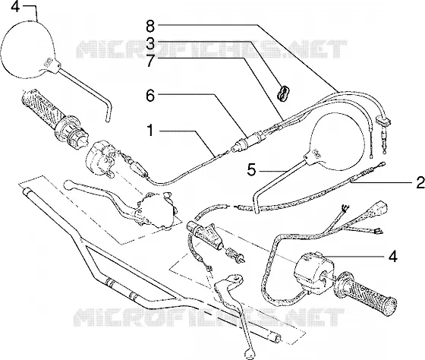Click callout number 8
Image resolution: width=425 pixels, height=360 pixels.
click(x=150, y=27)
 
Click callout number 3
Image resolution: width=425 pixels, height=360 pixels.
click(x=150, y=43)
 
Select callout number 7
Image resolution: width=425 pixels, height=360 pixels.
click(x=151, y=61)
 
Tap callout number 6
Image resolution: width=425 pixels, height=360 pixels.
click(x=150, y=96)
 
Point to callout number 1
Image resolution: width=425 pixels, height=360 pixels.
click(x=150, y=130)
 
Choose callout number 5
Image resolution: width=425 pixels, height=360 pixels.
click(x=251, y=170)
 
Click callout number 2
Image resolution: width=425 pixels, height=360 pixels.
click(x=420, y=182)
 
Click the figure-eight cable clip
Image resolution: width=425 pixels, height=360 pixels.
click(x=283, y=93)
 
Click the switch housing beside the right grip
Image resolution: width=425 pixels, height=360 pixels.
click(x=314, y=273)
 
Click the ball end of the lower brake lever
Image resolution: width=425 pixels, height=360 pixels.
click(x=249, y=354)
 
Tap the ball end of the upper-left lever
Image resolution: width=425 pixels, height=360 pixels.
click(x=68, y=185)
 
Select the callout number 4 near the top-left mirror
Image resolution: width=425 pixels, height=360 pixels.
click(x=15, y=7)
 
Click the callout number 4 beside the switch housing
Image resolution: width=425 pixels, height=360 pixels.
click(x=393, y=256)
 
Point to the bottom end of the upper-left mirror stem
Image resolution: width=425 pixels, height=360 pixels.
click(x=108, y=119)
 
